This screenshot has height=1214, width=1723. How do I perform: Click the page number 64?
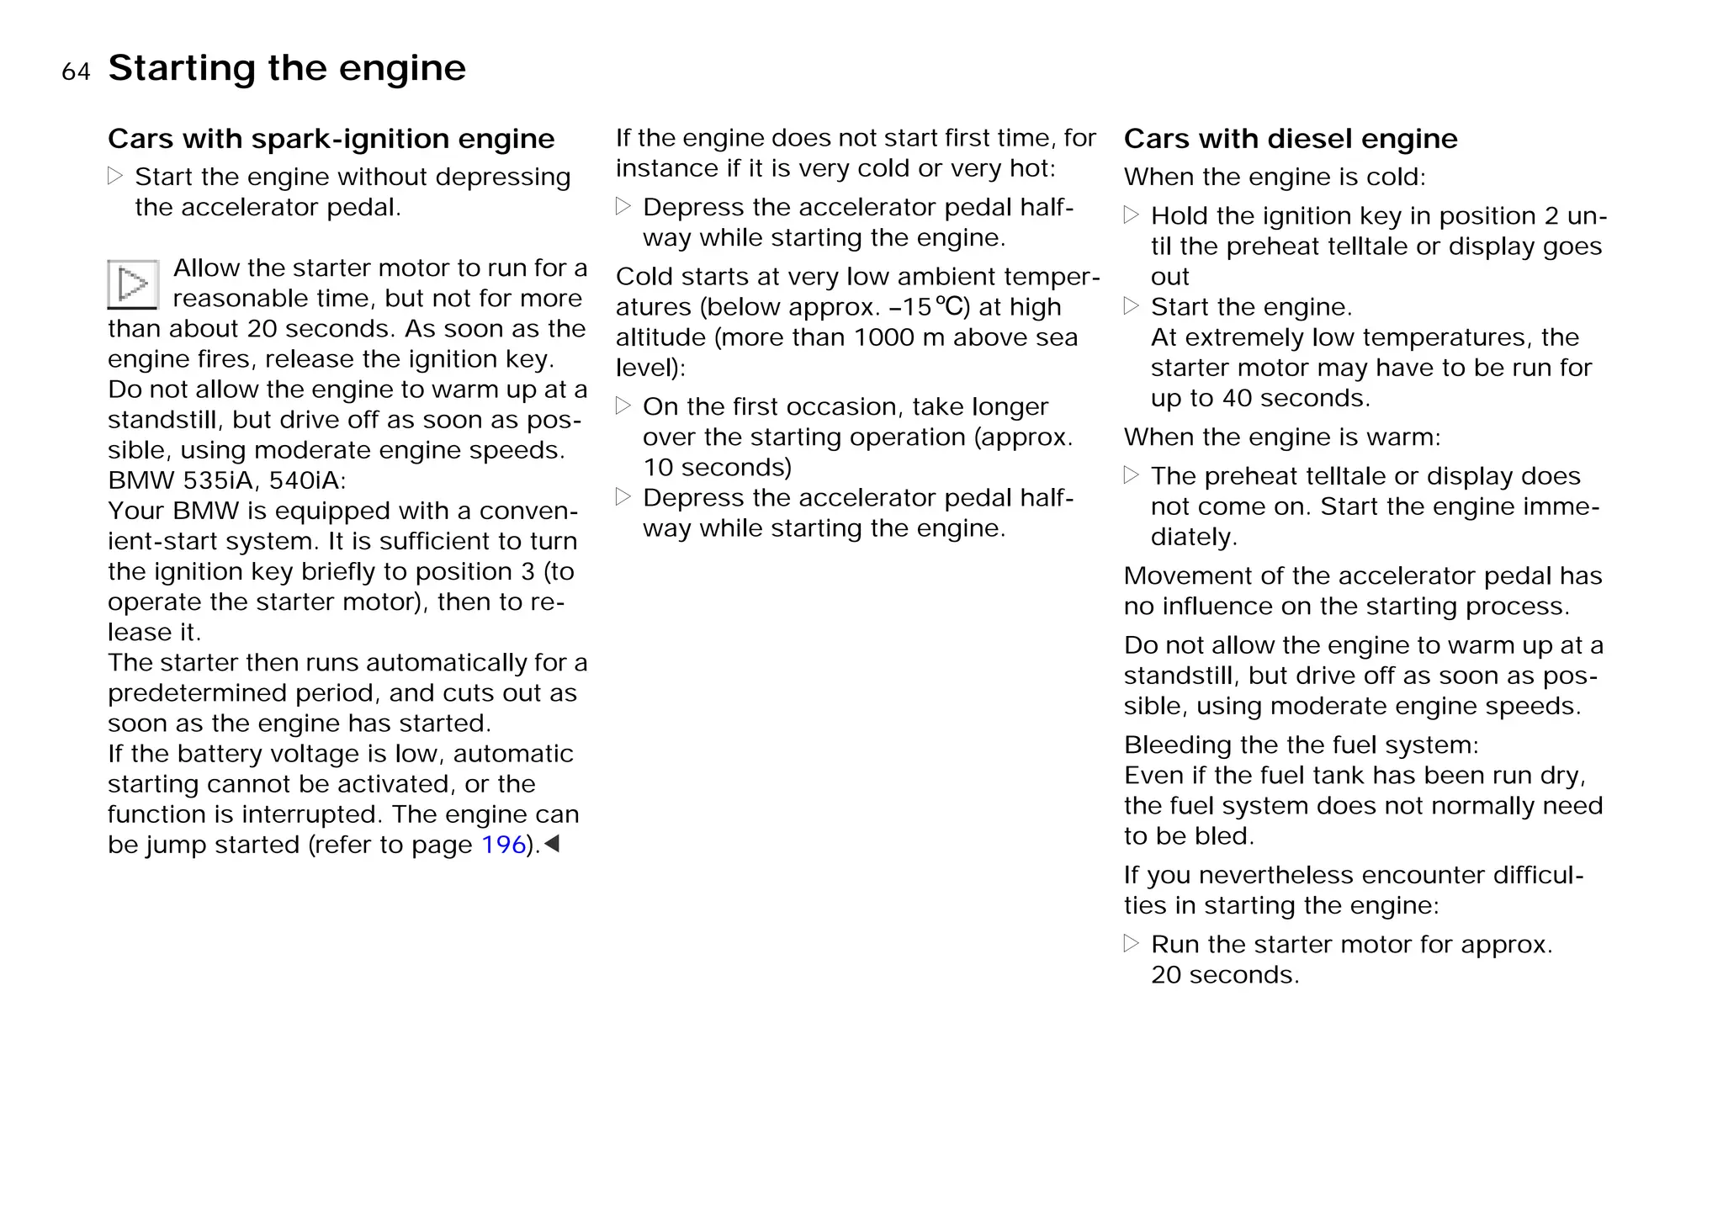(x=76, y=72)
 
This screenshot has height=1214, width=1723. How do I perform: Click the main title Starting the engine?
(x=287, y=68)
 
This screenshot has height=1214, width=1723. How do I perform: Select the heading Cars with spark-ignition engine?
(x=331, y=139)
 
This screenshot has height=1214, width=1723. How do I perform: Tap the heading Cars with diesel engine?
(x=1290, y=139)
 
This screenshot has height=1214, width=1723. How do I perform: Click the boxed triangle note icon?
(x=133, y=284)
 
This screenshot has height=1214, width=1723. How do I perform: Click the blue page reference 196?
(x=503, y=845)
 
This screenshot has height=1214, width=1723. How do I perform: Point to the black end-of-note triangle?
(x=552, y=843)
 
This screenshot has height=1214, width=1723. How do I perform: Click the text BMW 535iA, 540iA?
(x=226, y=480)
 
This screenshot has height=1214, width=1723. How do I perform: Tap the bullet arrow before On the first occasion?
(x=623, y=406)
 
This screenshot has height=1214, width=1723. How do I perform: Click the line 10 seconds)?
(x=717, y=468)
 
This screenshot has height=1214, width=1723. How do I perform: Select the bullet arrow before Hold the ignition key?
(x=1132, y=215)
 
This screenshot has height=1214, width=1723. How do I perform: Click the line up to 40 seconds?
(x=1259, y=398)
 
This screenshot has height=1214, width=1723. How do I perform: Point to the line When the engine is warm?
(x=1282, y=437)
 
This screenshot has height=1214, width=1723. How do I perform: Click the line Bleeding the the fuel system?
(x=1301, y=745)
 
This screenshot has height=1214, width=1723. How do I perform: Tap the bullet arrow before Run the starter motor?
(x=1132, y=944)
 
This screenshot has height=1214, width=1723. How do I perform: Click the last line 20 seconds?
(x=1224, y=975)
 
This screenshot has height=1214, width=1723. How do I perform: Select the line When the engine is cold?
(x=1275, y=178)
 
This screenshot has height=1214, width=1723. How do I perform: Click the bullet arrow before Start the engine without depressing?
(x=115, y=177)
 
